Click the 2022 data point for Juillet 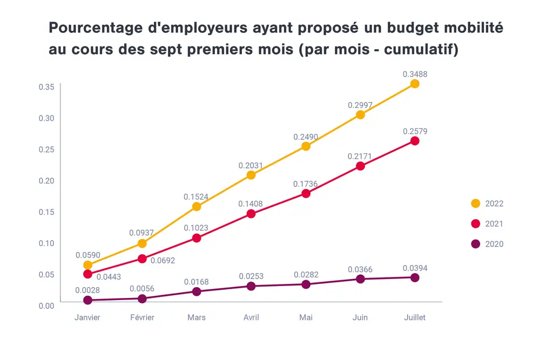click(x=415, y=84)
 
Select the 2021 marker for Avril click(x=251, y=214)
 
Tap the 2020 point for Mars click(x=197, y=291)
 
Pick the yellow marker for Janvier click(x=87, y=265)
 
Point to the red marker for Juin click(x=360, y=166)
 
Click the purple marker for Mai click(x=306, y=284)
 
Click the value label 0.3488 click(x=415, y=74)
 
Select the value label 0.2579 click(x=415, y=131)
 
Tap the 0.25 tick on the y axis click(x=46, y=149)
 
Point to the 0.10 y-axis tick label click(x=46, y=243)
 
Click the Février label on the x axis click(x=142, y=317)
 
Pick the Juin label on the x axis click(x=360, y=317)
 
